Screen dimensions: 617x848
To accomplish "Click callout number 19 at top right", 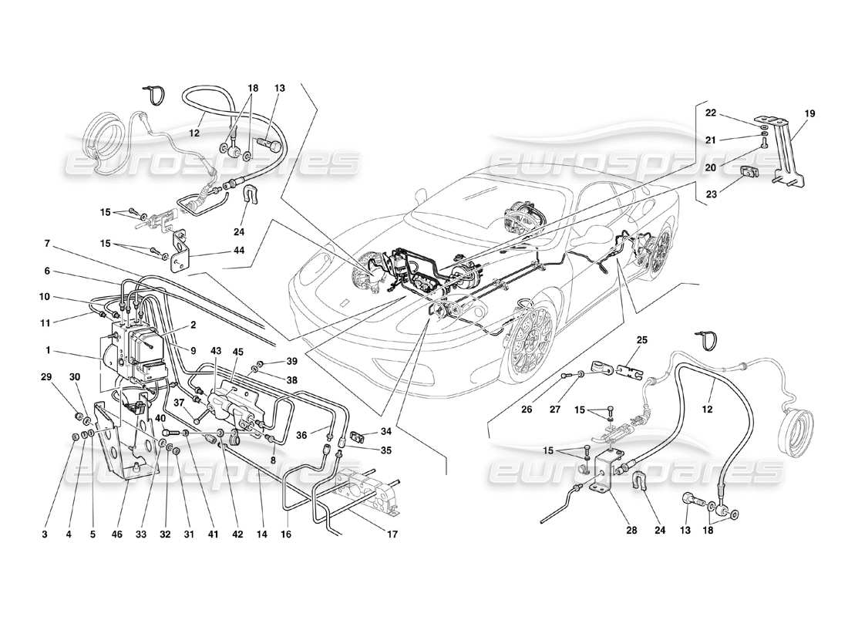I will click(x=809, y=113).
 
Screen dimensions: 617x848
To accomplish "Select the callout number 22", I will click(x=711, y=113).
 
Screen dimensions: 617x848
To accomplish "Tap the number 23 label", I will click(x=711, y=195).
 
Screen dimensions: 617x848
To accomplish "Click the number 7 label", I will click(x=47, y=244).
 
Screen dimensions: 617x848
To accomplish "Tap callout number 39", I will click(x=291, y=362).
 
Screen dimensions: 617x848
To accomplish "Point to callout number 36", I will click(x=301, y=434).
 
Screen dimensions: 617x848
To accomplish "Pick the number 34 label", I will click(x=386, y=431).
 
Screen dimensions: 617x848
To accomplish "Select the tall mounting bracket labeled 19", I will click(x=786, y=154).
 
